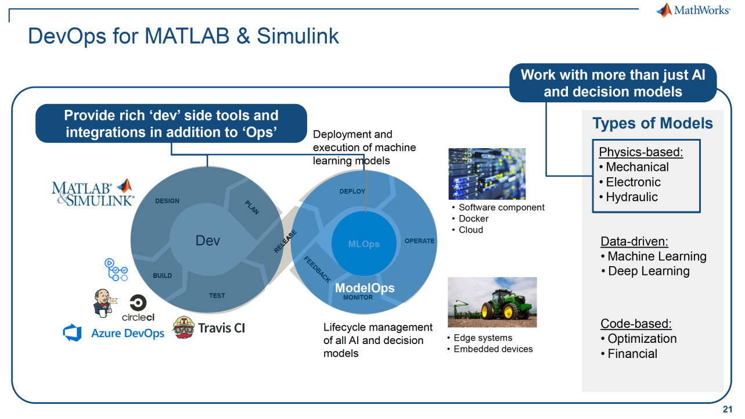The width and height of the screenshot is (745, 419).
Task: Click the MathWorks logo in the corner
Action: [693, 10]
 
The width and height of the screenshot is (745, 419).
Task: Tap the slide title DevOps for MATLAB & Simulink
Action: [183, 36]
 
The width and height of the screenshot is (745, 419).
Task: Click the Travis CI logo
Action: [210, 328]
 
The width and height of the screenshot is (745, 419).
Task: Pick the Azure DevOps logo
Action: [114, 333]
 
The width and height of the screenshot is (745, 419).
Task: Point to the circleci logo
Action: [138, 309]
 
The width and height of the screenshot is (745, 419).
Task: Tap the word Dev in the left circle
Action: [208, 240]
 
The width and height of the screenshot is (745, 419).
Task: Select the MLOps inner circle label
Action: [364, 243]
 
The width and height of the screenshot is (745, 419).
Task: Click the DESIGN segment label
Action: [167, 201]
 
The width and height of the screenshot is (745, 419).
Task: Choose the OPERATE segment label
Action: [419, 241]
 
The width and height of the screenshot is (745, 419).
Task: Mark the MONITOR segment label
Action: [358, 298]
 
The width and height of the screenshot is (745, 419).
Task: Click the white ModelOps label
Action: [365, 288]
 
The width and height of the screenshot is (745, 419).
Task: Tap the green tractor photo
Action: [492, 302]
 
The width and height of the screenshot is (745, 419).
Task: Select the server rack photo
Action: [487, 174]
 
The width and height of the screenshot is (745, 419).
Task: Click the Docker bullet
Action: [473, 219]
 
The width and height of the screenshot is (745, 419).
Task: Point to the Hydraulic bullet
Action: [631, 197]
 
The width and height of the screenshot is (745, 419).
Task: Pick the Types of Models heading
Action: [652, 123]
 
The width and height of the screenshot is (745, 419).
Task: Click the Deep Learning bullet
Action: [648, 271]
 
